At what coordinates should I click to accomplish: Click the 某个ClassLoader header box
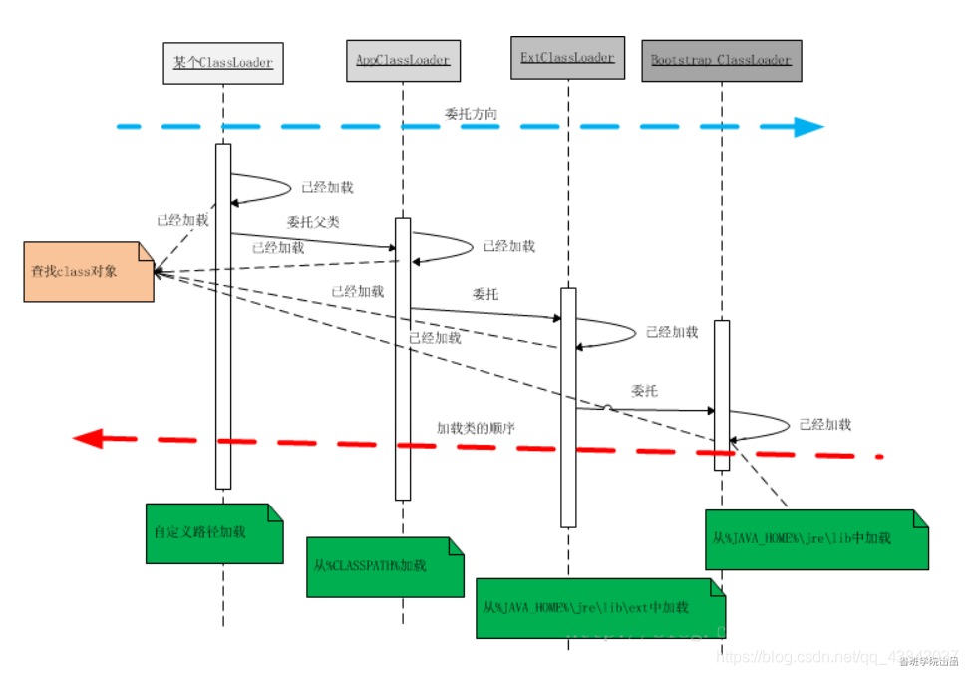coord(223,63)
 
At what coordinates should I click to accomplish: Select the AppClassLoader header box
coord(403,60)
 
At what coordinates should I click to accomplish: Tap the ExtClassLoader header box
coord(567,57)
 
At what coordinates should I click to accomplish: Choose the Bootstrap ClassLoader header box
coord(721,60)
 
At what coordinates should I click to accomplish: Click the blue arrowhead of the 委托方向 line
coord(807,127)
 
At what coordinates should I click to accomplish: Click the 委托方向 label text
coord(471,114)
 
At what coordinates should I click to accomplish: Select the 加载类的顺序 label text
coord(476,427)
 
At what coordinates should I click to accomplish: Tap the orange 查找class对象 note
coord(90,270)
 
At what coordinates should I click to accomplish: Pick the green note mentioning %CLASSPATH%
coord(385,566)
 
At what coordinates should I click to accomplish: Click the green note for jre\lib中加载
coord(815,539)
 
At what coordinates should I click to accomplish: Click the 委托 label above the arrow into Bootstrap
coord(644,392)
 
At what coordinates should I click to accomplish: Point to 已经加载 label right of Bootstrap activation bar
coord(825,424)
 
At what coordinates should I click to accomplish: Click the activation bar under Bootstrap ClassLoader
coord(722,395)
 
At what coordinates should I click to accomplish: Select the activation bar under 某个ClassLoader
coord(223,315)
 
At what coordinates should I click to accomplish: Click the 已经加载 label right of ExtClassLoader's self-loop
coord(672,332)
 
